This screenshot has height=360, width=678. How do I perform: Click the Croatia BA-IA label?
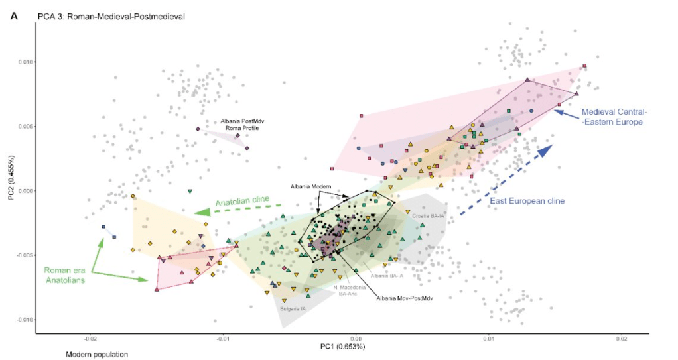pyautogui.click(x=428, y=216)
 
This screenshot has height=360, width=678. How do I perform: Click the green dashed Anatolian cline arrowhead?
pyautogui.click(x=203, y=212)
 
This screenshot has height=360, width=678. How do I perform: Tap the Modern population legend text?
pyautogui.click(x=96, y=355)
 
